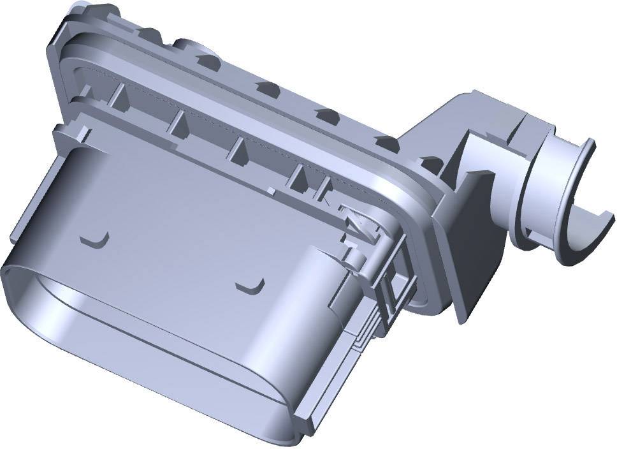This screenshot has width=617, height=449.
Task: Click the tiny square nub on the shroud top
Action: coord(272,189)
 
